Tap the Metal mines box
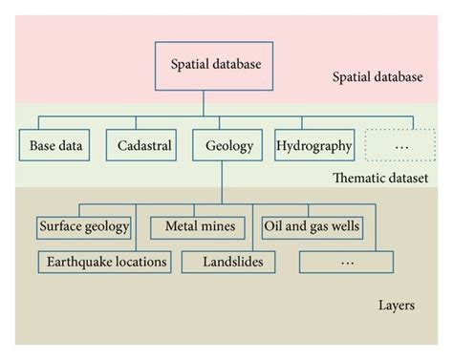[198, 227]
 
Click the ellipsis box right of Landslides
[345, 261]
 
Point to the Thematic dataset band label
[379, 179]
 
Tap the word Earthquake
[76, 261]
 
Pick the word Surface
[61, 227]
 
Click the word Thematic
[357, 179]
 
